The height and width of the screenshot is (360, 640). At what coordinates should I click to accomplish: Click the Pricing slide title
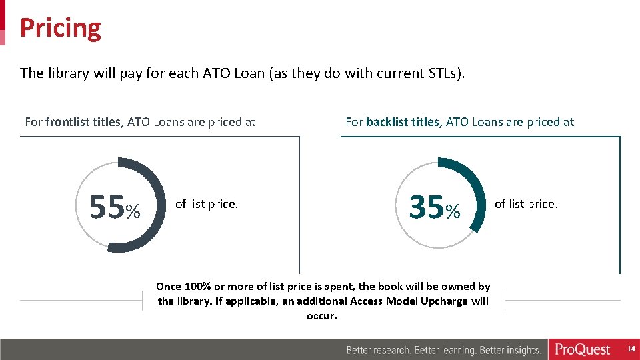[x=61, y=28]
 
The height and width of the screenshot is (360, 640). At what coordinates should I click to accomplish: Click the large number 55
[x=107, y=207]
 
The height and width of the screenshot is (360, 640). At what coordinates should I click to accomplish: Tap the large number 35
[x=427, y=207]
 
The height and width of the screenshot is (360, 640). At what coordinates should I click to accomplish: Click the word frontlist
[x=71, y=122]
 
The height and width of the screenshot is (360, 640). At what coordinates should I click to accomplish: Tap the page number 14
[x=631, y=349]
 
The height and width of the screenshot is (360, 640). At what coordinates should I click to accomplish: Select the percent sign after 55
[x=133, y=212]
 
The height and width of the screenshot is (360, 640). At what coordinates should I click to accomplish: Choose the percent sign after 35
[x=453, y=212]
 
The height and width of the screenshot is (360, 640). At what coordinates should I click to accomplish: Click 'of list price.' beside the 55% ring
[x=206, y=204]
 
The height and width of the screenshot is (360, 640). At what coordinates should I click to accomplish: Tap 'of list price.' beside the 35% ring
[x=526, y=204]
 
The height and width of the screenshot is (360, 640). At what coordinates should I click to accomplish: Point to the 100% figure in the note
[x=198, y=287]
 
